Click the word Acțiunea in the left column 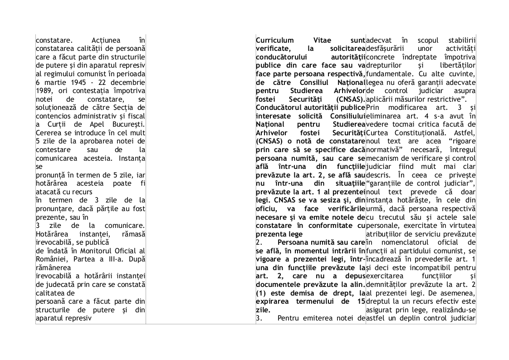click(105, 40)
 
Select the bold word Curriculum click(274, 40)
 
